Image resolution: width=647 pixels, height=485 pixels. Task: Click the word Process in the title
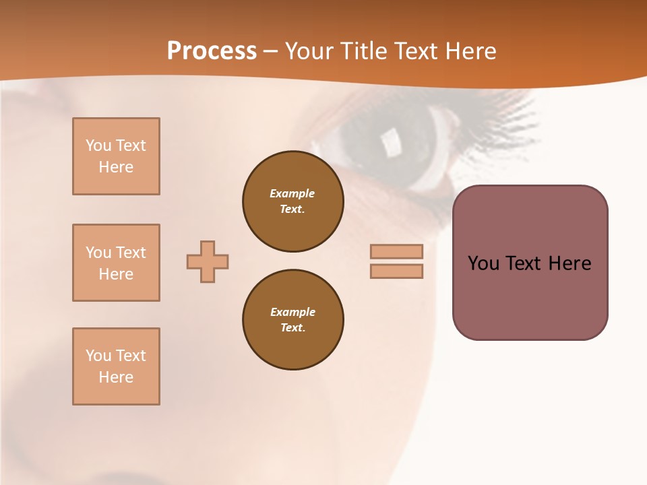point(212,51)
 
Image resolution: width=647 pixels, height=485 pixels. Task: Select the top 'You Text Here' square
point(116,156)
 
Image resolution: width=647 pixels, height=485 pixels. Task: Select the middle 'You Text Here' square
point(116,263)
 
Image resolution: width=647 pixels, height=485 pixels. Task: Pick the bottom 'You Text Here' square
point(116,366)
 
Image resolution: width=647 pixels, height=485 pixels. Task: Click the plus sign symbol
point(208,261)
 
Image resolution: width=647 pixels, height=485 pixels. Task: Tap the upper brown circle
point(292,201)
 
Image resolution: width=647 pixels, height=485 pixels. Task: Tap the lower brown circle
point(292,320)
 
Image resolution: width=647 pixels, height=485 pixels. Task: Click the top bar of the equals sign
point(396,251)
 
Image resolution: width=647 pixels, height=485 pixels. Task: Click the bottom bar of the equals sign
point(396,271)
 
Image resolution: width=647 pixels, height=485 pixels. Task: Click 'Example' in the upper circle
point(292,193)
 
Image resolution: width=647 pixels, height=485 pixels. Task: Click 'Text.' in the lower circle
point(292,328)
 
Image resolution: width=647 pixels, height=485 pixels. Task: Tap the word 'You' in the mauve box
point(483,263)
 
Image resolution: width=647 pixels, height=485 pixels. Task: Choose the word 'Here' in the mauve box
point(569,263)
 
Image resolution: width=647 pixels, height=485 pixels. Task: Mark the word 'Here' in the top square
point(116,167)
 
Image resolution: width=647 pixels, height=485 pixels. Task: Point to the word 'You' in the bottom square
point(98,356)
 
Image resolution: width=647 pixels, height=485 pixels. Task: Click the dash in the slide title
point(270,52)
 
